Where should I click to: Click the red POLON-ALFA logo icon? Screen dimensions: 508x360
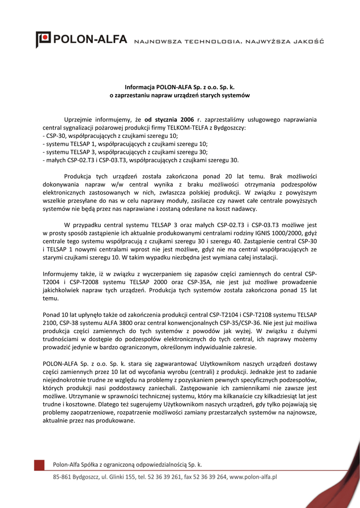pos(43,39)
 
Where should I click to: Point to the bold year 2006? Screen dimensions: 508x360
pos(187,120)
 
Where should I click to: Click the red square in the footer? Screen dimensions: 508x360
pos(39,465)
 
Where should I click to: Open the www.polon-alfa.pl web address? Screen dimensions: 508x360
pos(253,477)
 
